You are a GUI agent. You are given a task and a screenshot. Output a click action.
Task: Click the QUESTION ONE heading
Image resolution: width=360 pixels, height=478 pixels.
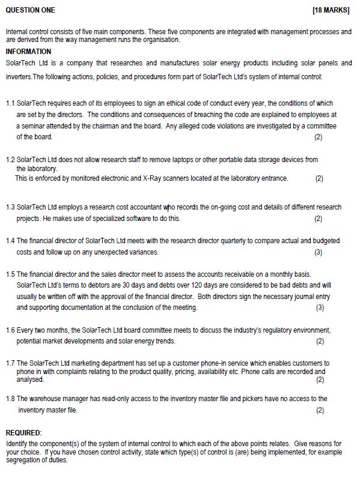click(x=30, y=10)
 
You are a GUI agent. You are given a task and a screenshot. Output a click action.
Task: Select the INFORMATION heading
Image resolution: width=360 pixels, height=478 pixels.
click(x=28, y=52)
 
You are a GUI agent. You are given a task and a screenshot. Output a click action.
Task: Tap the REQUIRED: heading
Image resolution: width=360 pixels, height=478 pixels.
click(x=23, y=432)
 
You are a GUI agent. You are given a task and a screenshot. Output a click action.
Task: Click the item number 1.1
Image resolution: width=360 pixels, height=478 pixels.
click(x=10, y=103)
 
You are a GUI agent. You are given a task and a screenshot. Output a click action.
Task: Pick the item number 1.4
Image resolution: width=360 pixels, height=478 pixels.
click(x=10, y=241)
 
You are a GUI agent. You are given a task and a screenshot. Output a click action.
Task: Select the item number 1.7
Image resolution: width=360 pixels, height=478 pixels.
click(x=10, y=364)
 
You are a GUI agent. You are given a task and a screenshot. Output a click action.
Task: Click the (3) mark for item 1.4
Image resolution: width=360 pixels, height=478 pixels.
click(x=319, y=252)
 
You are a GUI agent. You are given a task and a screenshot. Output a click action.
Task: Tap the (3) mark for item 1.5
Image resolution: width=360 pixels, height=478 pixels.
click(x=319, y=307)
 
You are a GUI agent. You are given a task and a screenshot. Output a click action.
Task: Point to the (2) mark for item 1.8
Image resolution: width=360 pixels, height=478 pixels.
click(x=319, y=410)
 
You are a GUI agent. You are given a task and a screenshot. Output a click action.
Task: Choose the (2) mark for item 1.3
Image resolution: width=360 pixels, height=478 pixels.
click(x=319, y=219)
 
